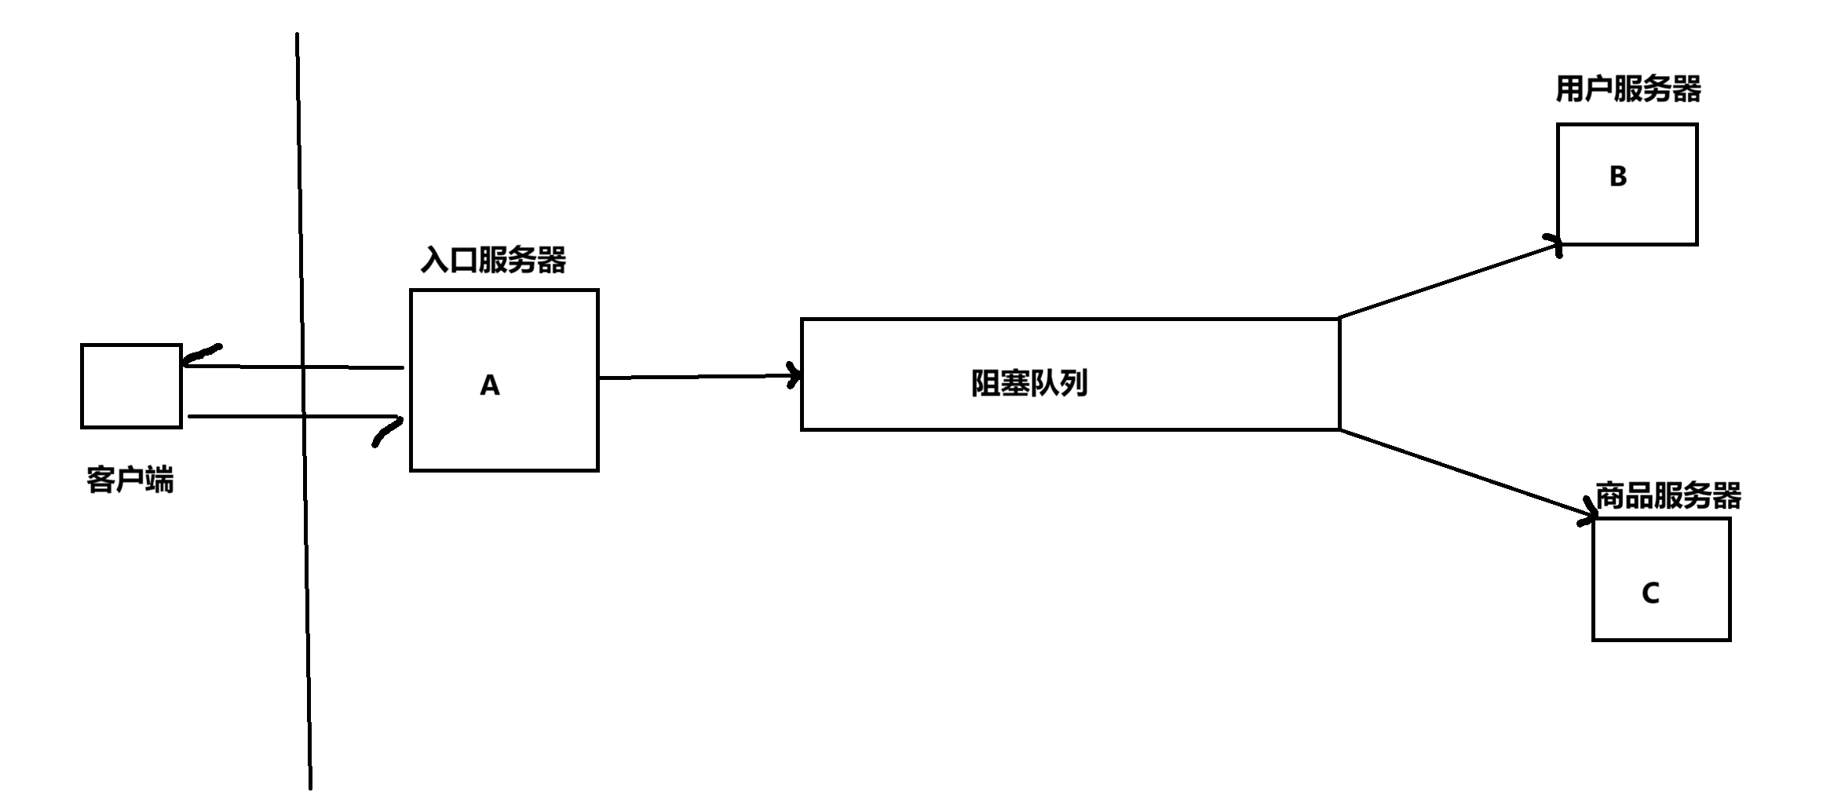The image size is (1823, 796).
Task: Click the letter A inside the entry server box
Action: [x=490, y=385]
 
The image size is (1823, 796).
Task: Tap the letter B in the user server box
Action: [x=1617, y=177]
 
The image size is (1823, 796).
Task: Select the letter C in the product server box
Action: [x=1650, y=593]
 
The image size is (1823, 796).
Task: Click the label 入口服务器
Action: [x=493, y=260]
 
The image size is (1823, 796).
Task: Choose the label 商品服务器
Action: [x=1668, y=496]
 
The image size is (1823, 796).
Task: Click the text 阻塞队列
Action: [x=1029, y=384]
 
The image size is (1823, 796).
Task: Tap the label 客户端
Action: [x=130, y=479]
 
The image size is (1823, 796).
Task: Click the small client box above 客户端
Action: [x=131, y=385]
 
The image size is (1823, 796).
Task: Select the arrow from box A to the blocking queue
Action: [x=699, y=377]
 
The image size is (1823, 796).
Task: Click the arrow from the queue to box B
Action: [x=1449, y=281]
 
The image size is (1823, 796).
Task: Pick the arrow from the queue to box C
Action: [x=1464, y=474]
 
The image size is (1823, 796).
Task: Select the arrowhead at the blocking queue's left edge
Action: [x=795, y=375]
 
